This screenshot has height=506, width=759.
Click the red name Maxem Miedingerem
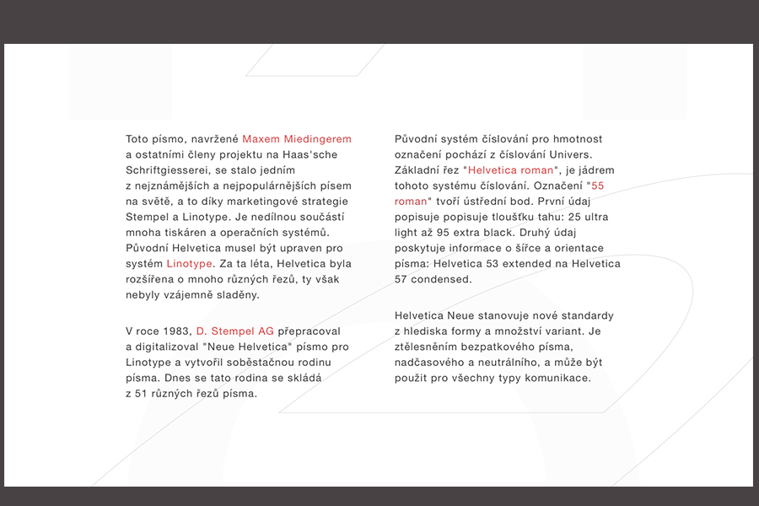coord(297,138)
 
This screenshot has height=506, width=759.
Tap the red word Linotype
coord(190,263)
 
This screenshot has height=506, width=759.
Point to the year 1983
coord(176,331)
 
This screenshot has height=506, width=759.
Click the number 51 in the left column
coord(142,393)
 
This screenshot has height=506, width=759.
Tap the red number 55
coord(598,185)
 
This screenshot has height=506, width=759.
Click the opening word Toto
coord(137,138)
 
